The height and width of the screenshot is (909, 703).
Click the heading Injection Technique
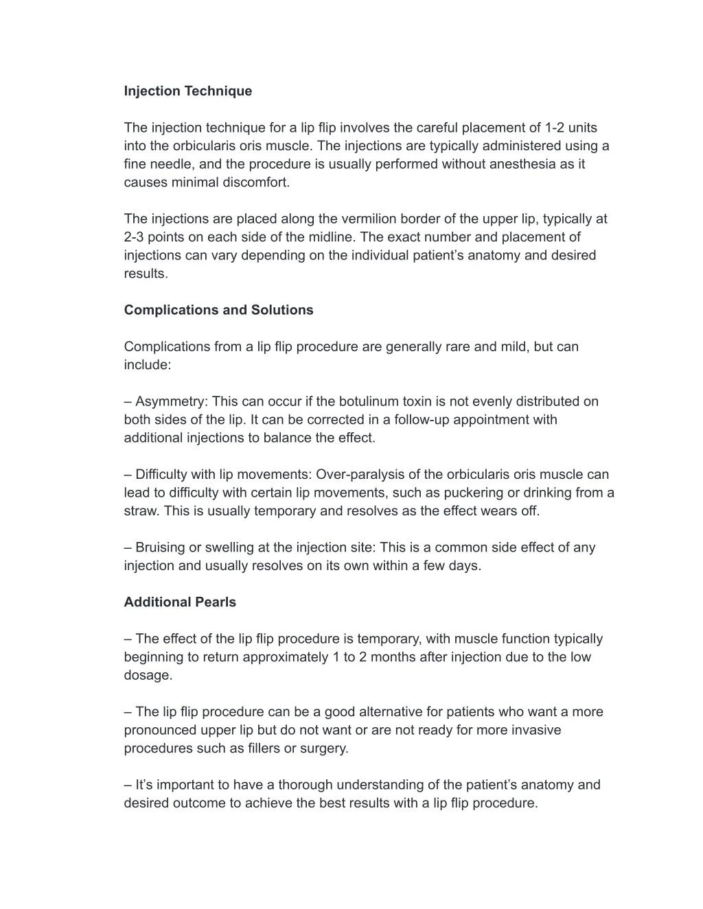(x=187, y=91)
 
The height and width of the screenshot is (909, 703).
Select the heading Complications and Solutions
(x=218, y=310)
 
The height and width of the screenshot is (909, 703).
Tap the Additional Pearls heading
(x=180, y=602)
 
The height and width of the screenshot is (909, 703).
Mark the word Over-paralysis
(x=359, y=475)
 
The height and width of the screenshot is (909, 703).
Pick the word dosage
(x=147, y=675)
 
